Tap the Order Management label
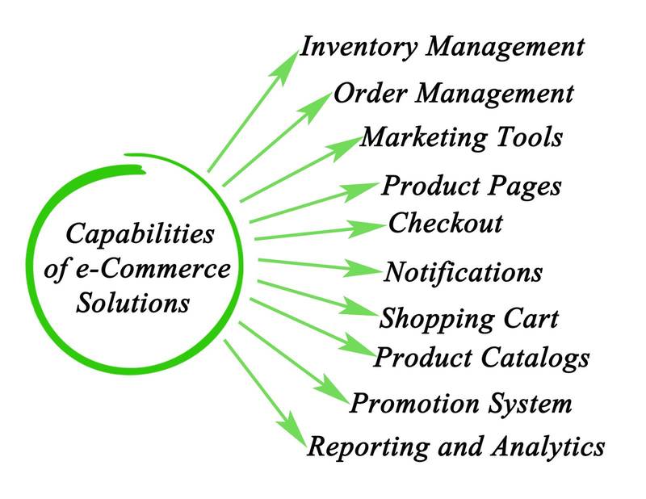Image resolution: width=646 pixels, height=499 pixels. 453,94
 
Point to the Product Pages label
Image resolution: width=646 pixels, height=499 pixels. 471,187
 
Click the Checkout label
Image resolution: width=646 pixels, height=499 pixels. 445,223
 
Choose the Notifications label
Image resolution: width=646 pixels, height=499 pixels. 463,271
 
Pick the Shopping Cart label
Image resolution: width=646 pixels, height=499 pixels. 468,318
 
